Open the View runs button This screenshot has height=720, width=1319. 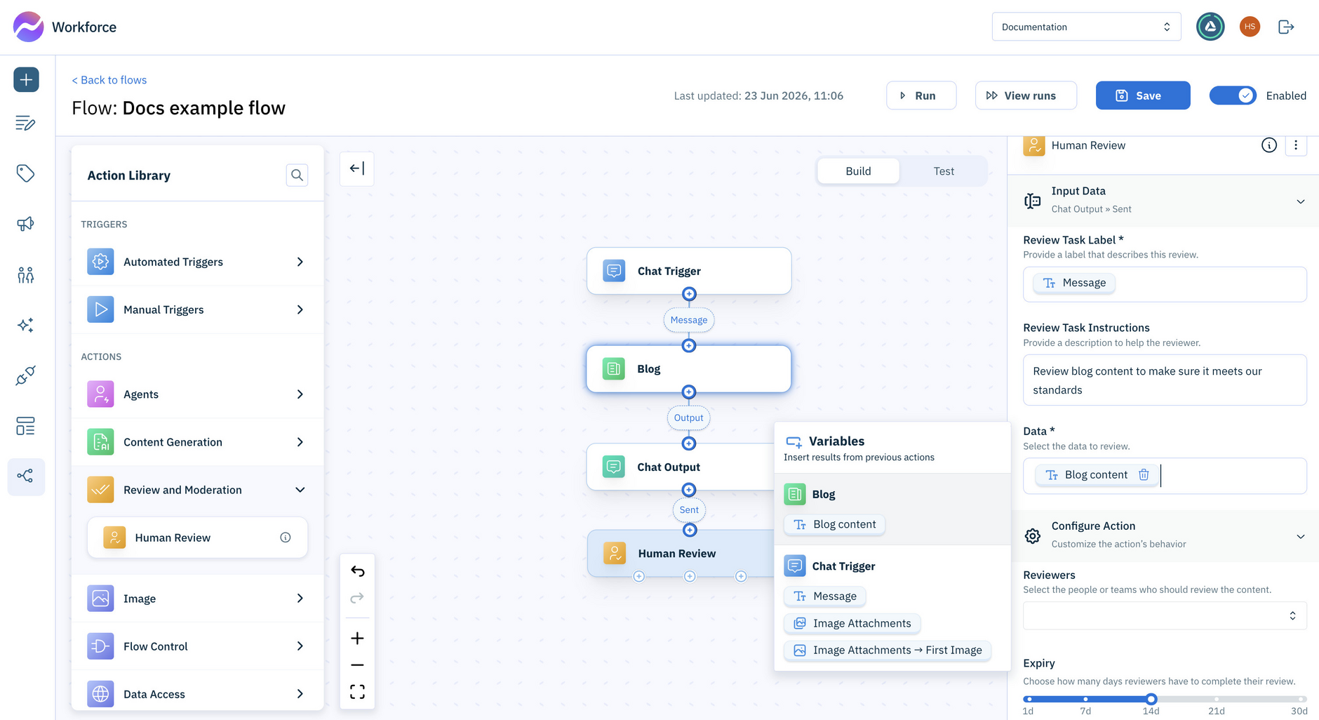click(x=1026, y=95)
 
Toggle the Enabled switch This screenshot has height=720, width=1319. click(x=1233, y=95)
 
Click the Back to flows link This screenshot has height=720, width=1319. click(x=109, y=80)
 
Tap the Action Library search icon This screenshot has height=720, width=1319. click(x=297, y=175)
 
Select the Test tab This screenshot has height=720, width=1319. click(x=944, y=171)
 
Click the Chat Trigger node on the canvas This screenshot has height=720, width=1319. click(x=689, y=271)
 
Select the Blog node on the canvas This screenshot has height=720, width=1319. click(x=689, y=368)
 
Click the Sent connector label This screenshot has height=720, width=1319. click(x=689, y=510)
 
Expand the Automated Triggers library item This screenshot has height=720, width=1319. click(x=197, y=262)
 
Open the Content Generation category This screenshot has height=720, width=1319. click(x=197, y=442)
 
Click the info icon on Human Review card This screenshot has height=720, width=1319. click(x=286, y=538)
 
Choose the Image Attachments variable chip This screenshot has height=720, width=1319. click(x=852, y=623)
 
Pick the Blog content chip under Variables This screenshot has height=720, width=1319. click(x=835, y=524)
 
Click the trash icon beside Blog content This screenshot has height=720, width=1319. click(x=1144, y=475)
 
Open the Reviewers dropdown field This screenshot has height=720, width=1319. click(x=1165, y=615)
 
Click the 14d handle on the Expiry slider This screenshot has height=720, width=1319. click(x=1151, y=699)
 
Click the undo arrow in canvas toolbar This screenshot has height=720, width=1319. click(x=357, y=571)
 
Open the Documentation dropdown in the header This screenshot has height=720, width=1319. click(x=1086, y=27)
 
